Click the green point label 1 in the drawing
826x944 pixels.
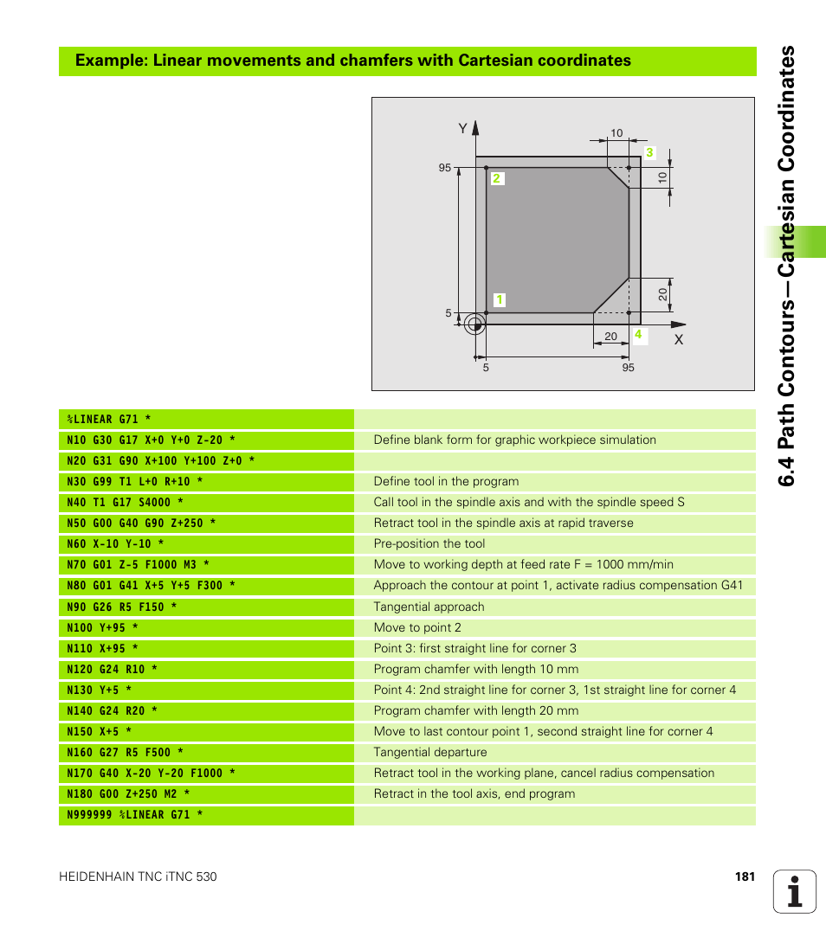click(500, 300)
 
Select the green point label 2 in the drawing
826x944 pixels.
click(497, 179)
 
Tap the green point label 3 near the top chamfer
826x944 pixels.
click(649, 153)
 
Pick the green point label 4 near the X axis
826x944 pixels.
click(638, 334)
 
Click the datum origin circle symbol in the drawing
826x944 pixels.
click(473, 324)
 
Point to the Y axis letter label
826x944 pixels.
click(462, 129)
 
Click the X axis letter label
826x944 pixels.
click(679, 340)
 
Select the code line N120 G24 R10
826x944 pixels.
click(113, 669)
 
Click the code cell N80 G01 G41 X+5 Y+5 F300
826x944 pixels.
click(151, 586)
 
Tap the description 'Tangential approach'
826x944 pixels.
click(429, 607)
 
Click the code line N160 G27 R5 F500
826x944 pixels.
click(125, 753)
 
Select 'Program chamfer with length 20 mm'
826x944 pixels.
click(475, 710)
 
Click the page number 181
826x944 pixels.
click(745, 877)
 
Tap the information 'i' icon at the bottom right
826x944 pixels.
click(795, 890)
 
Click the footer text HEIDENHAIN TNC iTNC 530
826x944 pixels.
click(138, 877)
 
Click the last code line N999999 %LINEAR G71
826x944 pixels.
click(134, 815)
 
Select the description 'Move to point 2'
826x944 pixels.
click(417, 627)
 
